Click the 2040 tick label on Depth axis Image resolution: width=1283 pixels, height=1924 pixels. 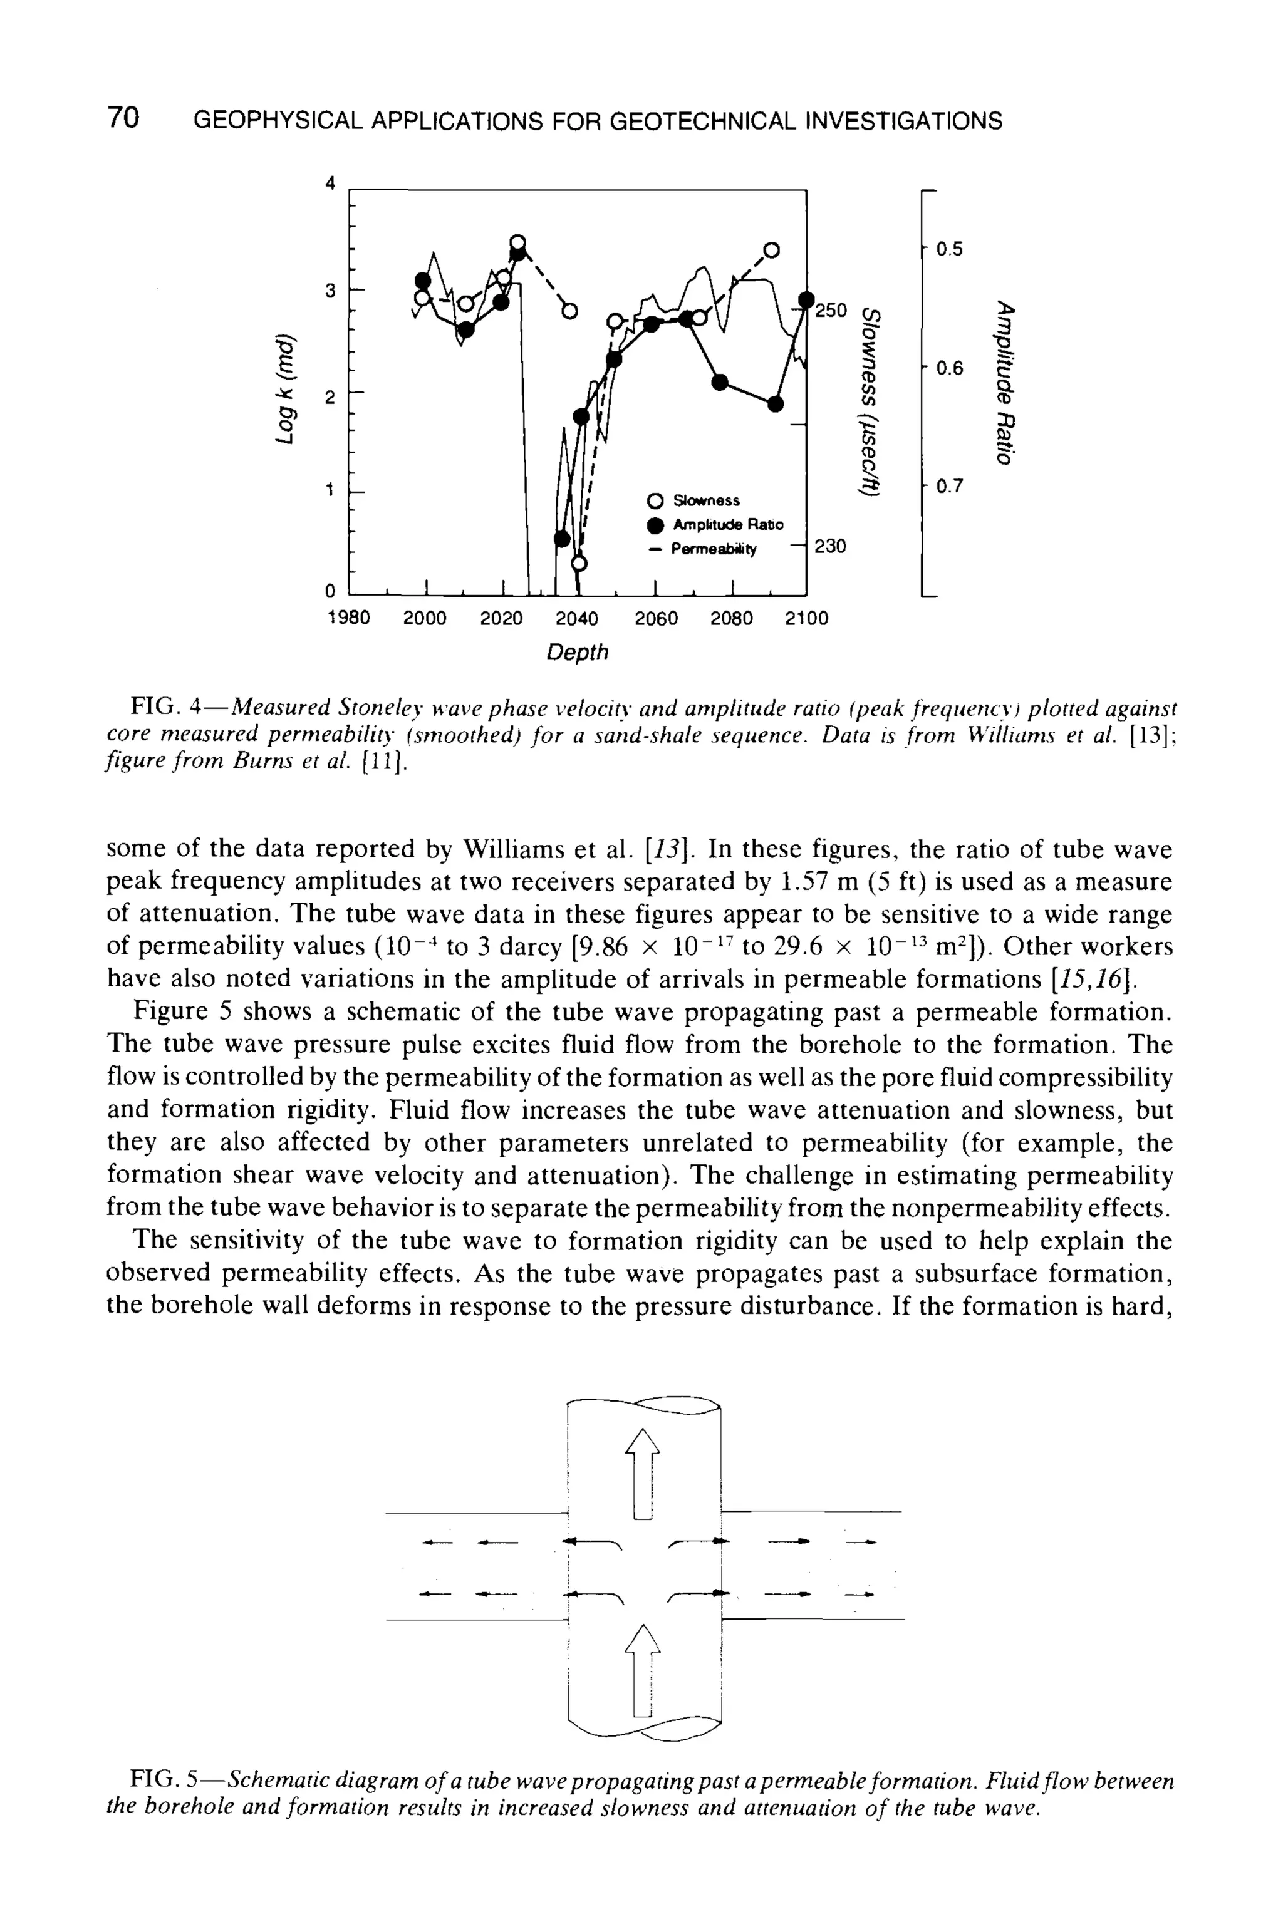pos(577,618)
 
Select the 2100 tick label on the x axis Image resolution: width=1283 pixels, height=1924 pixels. pos(807,618)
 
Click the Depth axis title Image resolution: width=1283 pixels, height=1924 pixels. pos(577,652)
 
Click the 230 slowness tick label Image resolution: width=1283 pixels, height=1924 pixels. pos(829,546)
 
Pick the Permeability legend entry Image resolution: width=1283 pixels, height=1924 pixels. pos(714,549)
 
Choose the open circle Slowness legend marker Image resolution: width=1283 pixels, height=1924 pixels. pos(654,500)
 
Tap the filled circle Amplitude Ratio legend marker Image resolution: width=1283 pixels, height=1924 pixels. pos(654,524)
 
